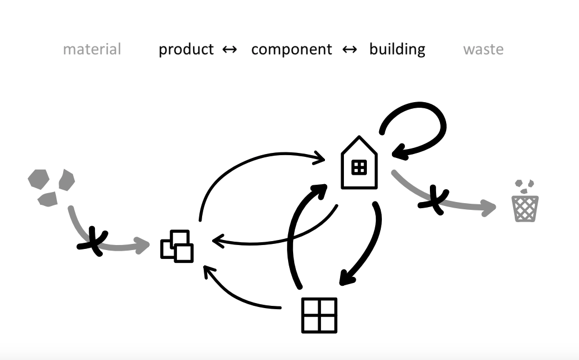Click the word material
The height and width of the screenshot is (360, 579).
tap(92, 49)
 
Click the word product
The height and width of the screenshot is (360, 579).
tap(186, 50)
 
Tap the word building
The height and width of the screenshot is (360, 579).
tap(398, 50)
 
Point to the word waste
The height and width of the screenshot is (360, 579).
tap(484, 50)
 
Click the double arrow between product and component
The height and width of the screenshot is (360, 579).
tap(229, 50)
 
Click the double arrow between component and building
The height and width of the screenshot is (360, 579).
tap(350, 50)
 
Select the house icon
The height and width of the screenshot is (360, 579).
tap(359, 162)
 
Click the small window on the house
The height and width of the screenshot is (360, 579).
tap(359, 167)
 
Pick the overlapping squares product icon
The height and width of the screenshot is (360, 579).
tap(177, 246)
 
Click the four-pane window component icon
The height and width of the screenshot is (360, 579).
tap(319, 315)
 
